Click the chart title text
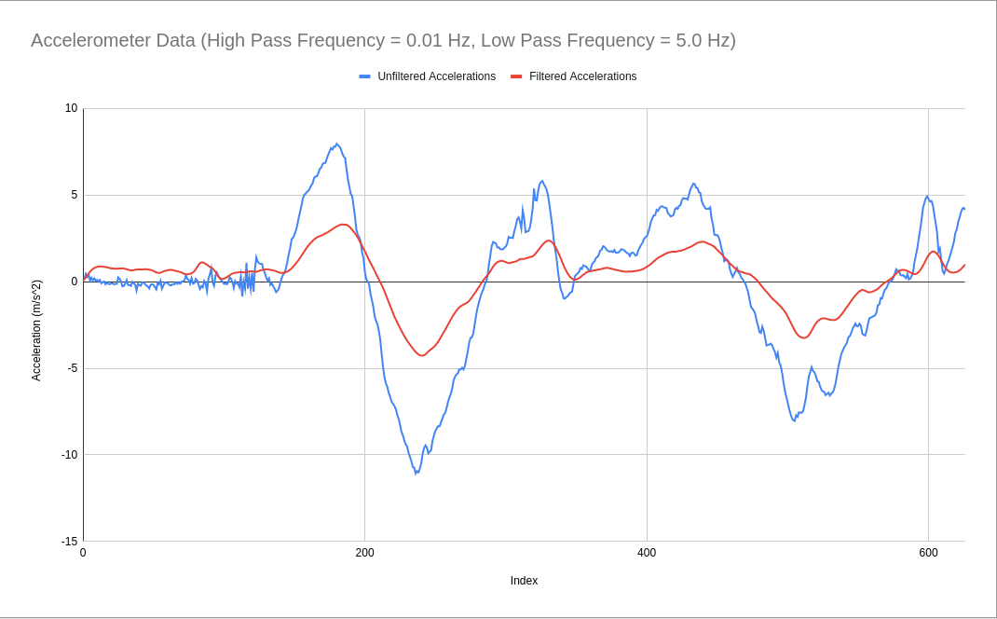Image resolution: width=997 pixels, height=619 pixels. coord(383,40)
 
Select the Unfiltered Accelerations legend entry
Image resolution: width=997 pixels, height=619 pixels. coord(436,76)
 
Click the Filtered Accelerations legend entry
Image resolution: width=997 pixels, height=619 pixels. coord(582,76)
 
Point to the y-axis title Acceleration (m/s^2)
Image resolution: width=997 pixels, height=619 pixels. coord(36,330)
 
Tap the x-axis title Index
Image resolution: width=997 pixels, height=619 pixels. coord(524,581)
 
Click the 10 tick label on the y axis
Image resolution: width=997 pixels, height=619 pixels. coord(72,108)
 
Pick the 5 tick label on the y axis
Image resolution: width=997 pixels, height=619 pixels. coord(75,195)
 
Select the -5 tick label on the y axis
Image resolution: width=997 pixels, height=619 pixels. coord(72,368)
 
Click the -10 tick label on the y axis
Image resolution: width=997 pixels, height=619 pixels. coord(69,455)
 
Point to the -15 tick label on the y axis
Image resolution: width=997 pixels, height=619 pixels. coord(69,542)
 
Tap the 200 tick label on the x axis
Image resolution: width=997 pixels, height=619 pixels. coord(364,553)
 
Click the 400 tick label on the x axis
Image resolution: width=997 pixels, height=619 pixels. coord(647,553)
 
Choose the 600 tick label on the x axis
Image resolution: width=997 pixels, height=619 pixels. coord(928,553)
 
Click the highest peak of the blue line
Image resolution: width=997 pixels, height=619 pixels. coord(336,144)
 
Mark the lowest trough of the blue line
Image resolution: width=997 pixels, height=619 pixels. coord(416,474)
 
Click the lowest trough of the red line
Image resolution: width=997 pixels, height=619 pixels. coord(421,356)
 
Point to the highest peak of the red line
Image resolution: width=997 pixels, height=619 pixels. coord(344,225)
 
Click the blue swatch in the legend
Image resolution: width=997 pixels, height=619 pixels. coord(364,76)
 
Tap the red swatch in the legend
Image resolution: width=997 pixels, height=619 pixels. coord(516,76)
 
